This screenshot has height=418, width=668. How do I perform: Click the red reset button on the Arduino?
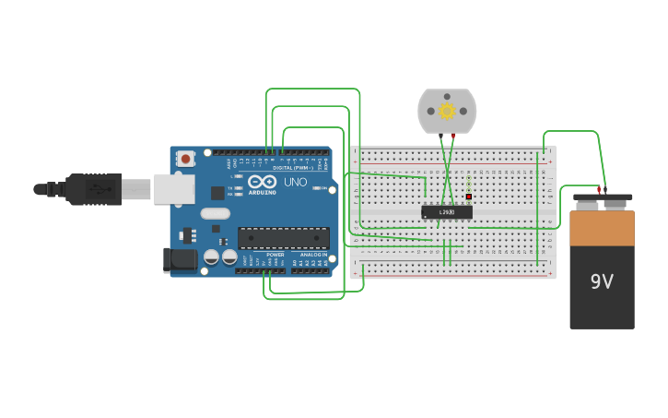(x=185, y=159)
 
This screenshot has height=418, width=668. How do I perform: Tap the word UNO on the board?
(x=295, y=183)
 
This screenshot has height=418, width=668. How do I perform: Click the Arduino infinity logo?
(x=261, y=182)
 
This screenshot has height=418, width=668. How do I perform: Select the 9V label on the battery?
(x=602, y=281)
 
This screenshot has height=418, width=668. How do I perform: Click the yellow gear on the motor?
(x=447, y=112)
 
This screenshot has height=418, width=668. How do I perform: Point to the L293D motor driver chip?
(x=446, y=212)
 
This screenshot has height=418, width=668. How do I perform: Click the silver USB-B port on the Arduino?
(x=173, y=189)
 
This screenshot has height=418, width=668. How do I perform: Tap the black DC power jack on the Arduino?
(x=180, y=260)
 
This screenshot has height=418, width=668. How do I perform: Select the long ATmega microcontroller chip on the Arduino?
(x=283, y=238)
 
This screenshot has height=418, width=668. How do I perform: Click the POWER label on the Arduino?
(x=275, y=255)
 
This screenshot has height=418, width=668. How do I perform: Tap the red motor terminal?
(x=453, y=137)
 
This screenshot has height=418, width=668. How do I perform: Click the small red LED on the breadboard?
(x=469, y=197)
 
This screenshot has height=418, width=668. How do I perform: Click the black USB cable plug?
(x=92, y=189)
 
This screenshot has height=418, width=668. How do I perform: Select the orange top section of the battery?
(x=602, y=228)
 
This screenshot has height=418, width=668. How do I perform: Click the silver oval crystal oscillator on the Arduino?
(x=215, y=214)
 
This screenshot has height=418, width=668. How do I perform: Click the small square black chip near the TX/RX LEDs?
(x=217, y=193)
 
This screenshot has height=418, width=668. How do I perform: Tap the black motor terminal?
(x=440, y=137)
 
